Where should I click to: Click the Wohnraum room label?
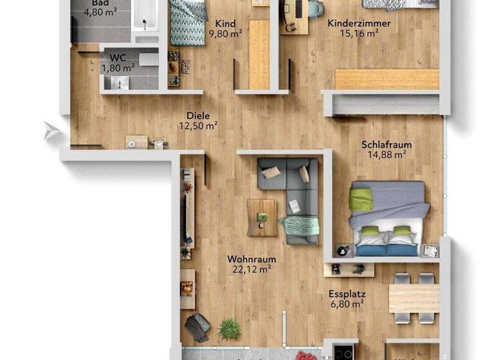[x=252, y=260]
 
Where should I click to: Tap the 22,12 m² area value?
[x=252, y=270]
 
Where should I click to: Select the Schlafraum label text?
[x=387, y=145]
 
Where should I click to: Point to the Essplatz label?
[x=346, y=293]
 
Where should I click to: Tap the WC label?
[x=118, y=57]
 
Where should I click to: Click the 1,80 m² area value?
[x=118, y=66]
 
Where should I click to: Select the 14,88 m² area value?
[x=386, y=154]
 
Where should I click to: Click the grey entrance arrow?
[x=51, y=132]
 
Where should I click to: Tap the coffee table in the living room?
[x=262, y=217]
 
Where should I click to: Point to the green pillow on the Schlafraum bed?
[x=361, y=198]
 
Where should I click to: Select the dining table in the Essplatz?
[x=414, y=298]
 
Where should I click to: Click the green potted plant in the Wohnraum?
[x=228, y=330]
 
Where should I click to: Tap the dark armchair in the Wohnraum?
[x=197, y=326]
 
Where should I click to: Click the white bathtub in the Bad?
[x=145, y=16]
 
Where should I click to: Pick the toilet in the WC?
[x=149, y=59]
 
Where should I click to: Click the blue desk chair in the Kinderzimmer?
[x=315, y=9]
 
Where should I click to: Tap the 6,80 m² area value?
[x=346, y=303]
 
